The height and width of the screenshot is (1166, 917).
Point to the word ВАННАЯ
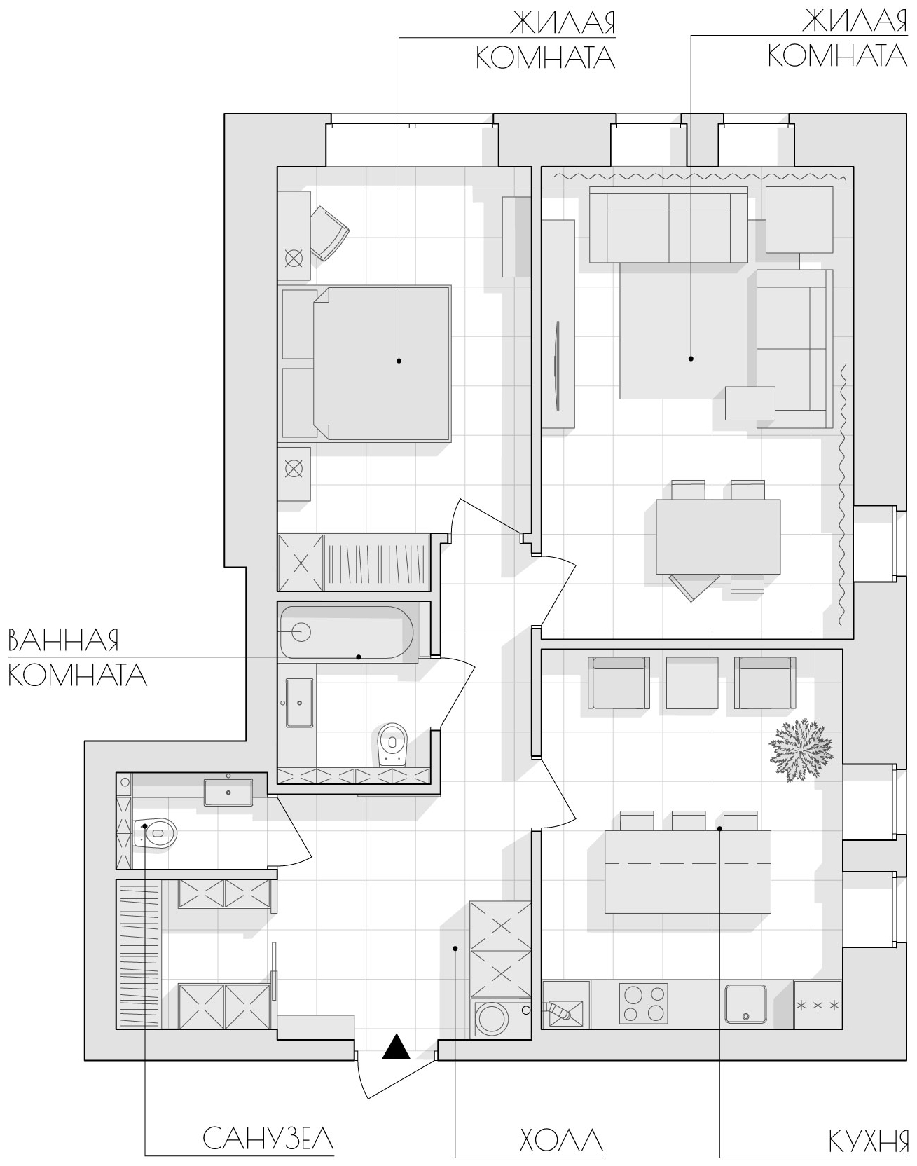63,640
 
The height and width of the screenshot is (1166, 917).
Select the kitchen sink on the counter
745,1004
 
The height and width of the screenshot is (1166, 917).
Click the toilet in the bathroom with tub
392,743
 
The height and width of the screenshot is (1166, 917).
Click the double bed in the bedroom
366,363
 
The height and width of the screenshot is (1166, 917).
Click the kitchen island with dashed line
687,872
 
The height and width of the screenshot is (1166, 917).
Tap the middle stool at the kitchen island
689,821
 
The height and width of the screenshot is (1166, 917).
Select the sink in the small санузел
229,792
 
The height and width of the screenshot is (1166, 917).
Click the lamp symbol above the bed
294,259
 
